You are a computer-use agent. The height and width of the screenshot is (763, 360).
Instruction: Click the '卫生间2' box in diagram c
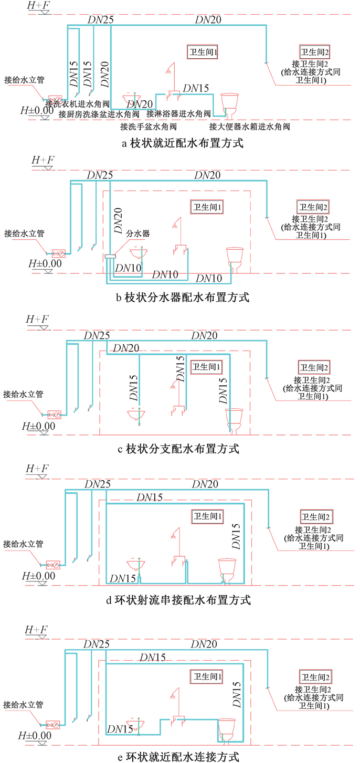click(x=313, y=367)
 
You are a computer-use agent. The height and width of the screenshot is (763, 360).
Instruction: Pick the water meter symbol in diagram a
click(x=54, y=99)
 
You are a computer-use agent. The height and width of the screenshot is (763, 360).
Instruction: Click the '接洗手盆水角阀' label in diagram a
click(x=149, y=126)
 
